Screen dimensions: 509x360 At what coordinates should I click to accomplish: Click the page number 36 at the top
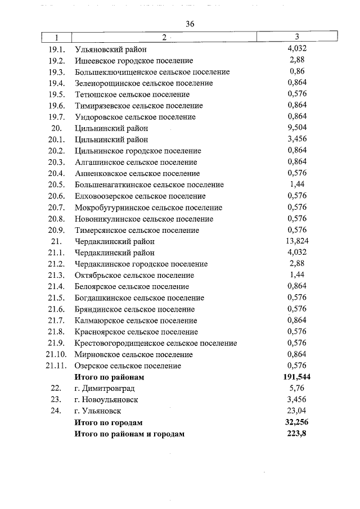[x=189, y=24]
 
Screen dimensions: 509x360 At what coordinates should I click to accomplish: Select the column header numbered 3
[x=296, y=37]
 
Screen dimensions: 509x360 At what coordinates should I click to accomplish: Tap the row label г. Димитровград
[x=105, y=388]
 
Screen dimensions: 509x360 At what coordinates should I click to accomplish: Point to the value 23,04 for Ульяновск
[x=296, y=411]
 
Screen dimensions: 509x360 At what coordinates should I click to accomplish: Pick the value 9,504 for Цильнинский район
[x=296, y=128]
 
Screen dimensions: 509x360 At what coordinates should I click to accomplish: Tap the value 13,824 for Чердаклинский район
[x=296, y=241]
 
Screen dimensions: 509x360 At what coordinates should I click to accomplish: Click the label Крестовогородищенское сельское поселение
[x=155, y=343]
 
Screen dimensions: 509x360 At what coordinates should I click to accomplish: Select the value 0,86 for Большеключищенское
[x=296, y=71]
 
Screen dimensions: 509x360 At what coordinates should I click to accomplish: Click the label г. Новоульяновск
[x=106, y=399]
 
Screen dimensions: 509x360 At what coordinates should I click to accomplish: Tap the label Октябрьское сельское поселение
[x=134, y=275]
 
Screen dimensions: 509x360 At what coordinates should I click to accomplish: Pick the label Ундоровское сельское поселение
[x=135, y=116]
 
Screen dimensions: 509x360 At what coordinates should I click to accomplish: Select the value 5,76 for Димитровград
[x=296, y=388]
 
